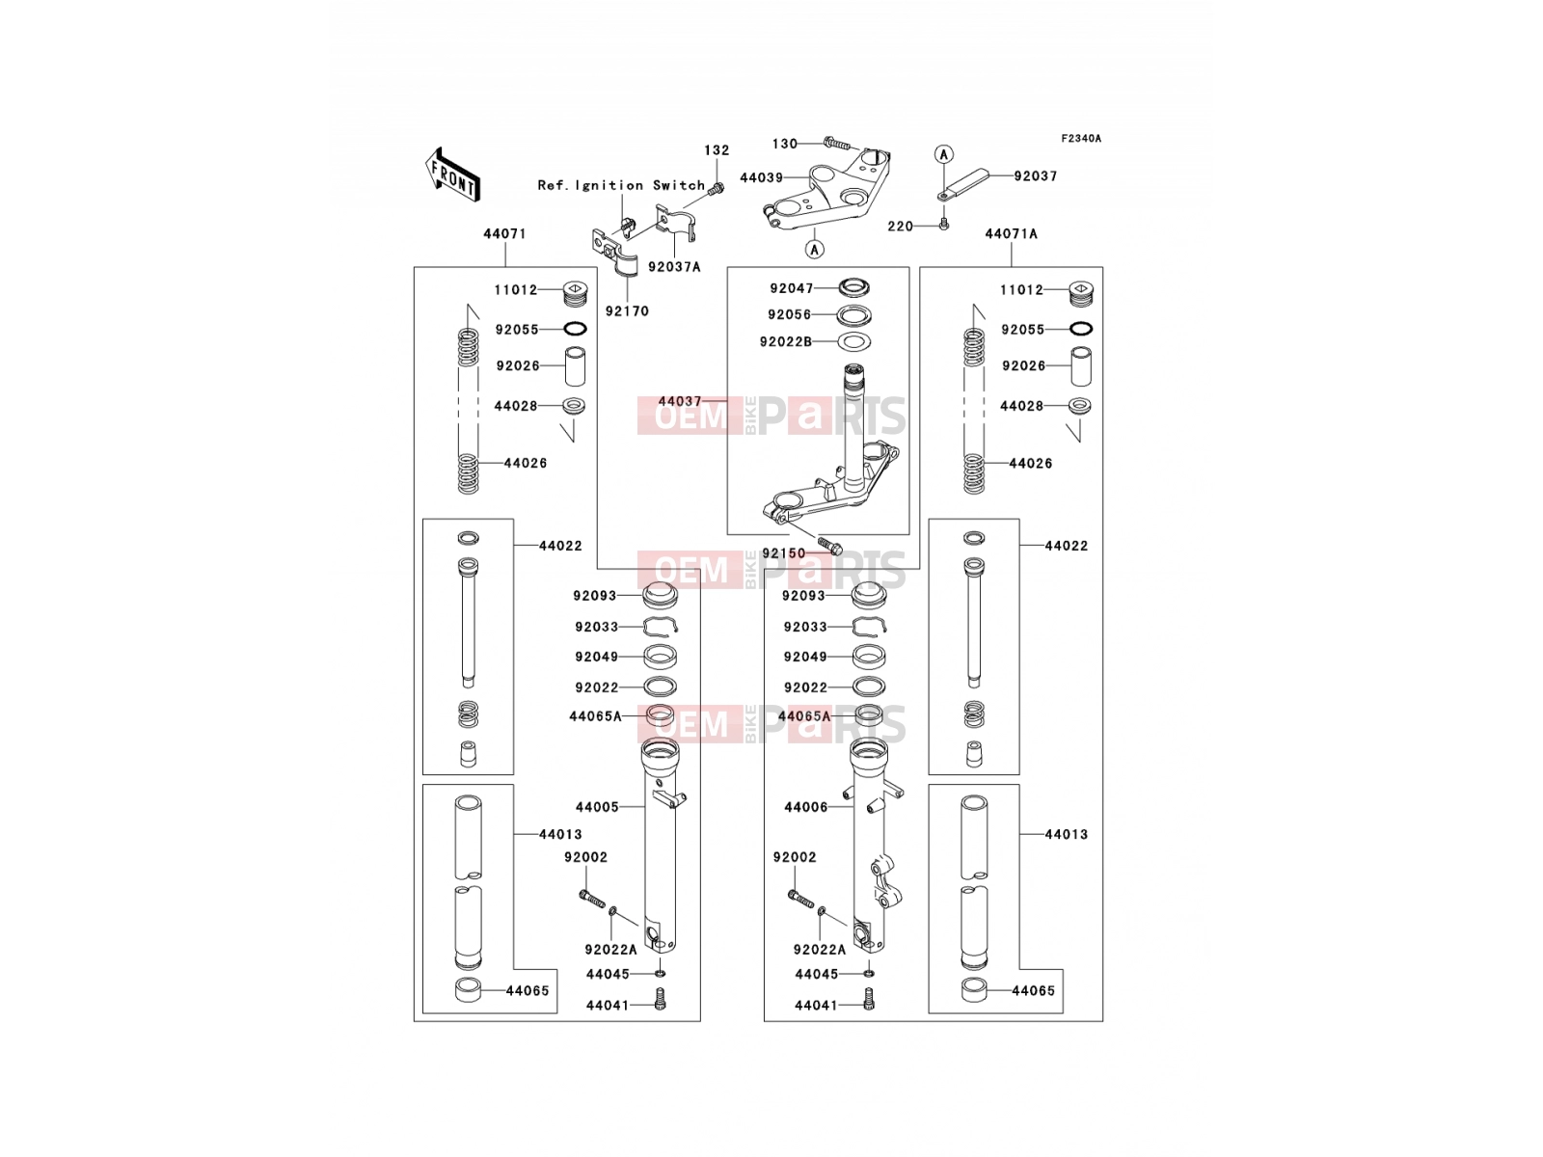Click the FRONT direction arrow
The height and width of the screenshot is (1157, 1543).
coord(452,176)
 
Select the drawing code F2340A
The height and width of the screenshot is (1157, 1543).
coord(1081,139)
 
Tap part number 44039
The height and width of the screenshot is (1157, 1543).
coord(761,177)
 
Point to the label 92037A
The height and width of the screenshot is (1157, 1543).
coord(674,267)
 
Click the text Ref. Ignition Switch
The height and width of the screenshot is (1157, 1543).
coord(621,185)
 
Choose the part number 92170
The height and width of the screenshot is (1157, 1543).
coord(627,311)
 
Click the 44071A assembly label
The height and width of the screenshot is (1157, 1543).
coord(1011,234)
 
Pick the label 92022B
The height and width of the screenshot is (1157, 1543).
coord(786,342)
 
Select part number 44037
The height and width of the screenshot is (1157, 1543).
coord(680,401)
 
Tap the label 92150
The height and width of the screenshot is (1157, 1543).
coord(784,553)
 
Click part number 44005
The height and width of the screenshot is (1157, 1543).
coord(597,807)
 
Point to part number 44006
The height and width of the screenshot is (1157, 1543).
coord(806,808)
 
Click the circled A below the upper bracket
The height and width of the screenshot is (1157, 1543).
coord(814,249)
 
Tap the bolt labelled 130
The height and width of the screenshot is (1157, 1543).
coord(836,144)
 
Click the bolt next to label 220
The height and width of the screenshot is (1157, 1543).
coord(944,224)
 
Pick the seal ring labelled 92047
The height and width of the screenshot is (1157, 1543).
coord(853,287)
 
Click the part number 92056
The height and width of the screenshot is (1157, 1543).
coord(790,314)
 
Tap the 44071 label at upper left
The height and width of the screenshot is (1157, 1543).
coord(504,234)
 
